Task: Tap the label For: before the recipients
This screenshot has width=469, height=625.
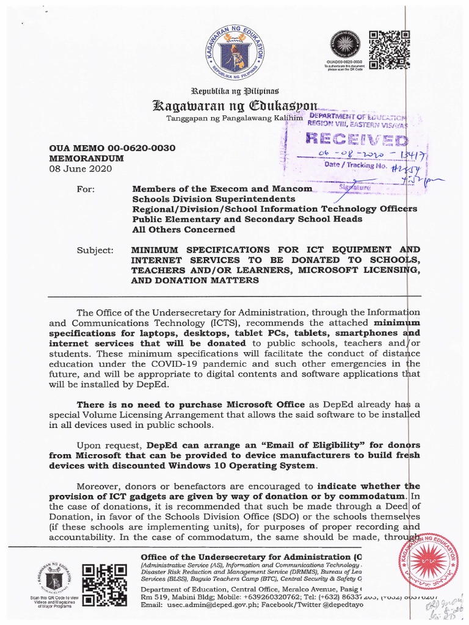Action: (x=85, y=190)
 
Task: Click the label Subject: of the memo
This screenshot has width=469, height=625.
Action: (x=95, y=250)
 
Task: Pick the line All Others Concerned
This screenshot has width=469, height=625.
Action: (x=184, y=229)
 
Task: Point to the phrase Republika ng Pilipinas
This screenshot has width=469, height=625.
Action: (x=234, y=90)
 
